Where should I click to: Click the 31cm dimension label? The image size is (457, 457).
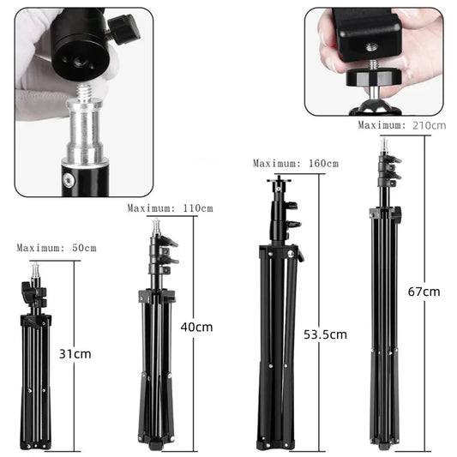point(75,354)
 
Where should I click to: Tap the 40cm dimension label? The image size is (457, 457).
point(196,327)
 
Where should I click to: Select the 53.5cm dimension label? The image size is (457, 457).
point(325,334)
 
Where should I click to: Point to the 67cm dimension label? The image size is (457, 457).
point(424,292)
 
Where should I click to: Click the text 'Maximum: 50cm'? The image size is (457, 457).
point(57,248)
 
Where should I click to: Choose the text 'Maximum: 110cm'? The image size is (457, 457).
point(171,208)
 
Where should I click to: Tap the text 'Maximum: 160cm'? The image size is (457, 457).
point(296,163)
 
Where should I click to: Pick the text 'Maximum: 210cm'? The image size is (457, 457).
point(402,125)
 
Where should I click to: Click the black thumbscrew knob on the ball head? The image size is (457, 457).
point(124,30)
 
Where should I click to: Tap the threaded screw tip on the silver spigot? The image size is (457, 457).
point(85,90)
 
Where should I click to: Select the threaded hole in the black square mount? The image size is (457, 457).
point(371,46)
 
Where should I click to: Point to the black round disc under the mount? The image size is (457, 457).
point(374,77)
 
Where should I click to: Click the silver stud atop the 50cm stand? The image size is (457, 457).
point(35,269)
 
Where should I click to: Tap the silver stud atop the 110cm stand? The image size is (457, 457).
point(157,226)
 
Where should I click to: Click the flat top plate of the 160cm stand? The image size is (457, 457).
point(279,180)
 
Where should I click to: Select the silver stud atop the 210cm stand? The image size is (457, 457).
point(384,146)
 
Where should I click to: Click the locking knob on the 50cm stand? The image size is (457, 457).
point(26,292)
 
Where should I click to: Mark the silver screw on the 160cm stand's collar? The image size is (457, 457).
point(291,254)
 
